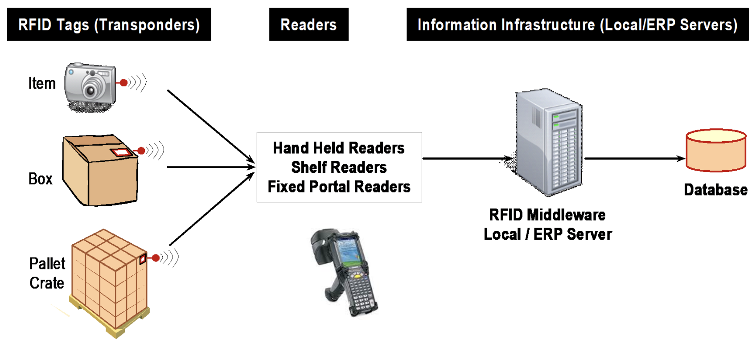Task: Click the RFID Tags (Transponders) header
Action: [x=109, y=25]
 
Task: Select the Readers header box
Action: [x=308, y=25]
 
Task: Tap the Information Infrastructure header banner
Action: [x=577, y=25]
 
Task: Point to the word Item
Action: [x=42, y=83]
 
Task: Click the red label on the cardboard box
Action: [x=121, y=152]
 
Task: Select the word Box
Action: [x=41, y=179]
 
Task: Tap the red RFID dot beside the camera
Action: [x=124, y=82]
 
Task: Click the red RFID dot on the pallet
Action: [x=156, y=258]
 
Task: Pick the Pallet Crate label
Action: [x=47, y=273]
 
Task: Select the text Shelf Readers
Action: [x=339, y=167]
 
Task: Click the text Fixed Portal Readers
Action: [x=339, y=186]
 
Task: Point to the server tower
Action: [x=549, y=143]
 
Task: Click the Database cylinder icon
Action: [x=715, y=151]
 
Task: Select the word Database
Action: [x=715, y=190]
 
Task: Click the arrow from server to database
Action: [x=633, y=158]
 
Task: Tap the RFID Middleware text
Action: [x=547, y=215]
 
